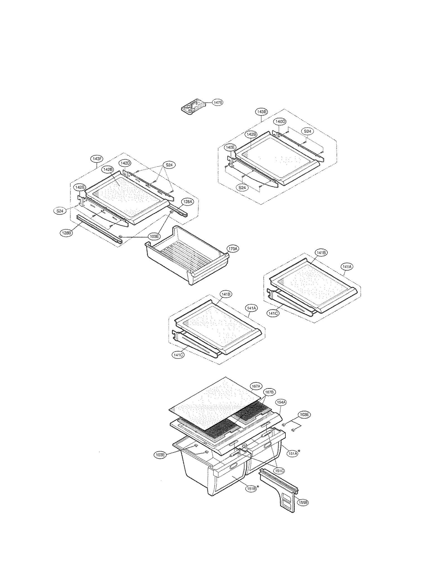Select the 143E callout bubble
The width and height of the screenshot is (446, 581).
click(x=261, y=112)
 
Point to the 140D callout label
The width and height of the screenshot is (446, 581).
click(x=280, y=121)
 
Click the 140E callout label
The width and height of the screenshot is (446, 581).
click(x=230, y=147)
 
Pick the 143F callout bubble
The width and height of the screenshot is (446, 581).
click(x=96, y=159)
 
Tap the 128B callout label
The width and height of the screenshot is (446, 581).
click(x=66, y=233)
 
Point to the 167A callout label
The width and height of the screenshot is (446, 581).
click(x=256, y=386)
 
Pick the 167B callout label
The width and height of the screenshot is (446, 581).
click(x=269, y=392)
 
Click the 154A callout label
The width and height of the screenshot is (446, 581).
click(x=281, y=402)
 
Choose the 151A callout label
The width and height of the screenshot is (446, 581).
click(x=293, y=454)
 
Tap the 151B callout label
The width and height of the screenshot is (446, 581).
click(x=251, y=489)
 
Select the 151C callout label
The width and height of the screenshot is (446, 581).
click(x=278, y=471)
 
